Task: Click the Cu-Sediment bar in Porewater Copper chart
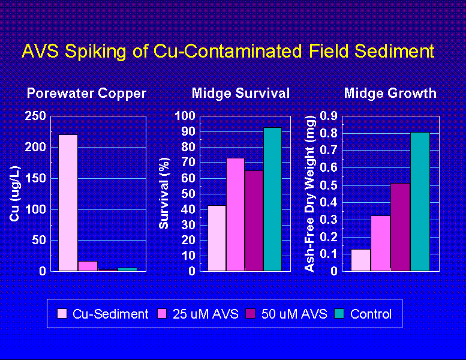pos(68,203)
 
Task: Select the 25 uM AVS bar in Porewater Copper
pos(88,266)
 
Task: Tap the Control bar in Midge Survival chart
pos(272,199)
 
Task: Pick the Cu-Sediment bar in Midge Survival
pos(217,238)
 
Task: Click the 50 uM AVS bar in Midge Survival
pos(254,221)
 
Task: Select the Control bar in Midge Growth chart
pos(420,202)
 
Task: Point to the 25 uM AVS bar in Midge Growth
pos(380,243)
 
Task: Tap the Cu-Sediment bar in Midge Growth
pos(360,260)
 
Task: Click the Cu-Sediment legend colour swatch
pos(62,314)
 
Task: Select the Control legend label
pos(371,314)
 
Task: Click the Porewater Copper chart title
pos(86,94)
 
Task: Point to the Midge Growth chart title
pos(390,94)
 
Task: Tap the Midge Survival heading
pos(240,94)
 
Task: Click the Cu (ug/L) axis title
pos(15,193)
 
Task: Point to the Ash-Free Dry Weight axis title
pos(309,193)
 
